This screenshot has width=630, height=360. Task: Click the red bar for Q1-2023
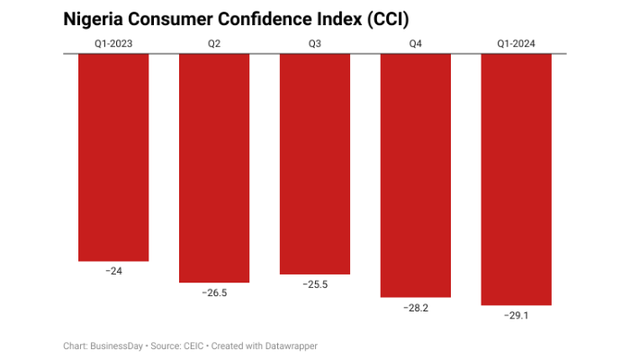[x=113, y=157]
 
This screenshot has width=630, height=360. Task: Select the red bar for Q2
[x=214, y=168]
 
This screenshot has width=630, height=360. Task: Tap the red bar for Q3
[x=315, y=164]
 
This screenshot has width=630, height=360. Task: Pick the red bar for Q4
[x=416, y=175]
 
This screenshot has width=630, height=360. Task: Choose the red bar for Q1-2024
[x=517, y=179]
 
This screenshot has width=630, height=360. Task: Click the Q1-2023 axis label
[x=113, y=42]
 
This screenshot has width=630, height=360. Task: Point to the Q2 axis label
[x=214, y=42]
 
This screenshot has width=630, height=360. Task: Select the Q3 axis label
[x=315, y=42]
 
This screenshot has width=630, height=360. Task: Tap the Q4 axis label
[x=416, y=42]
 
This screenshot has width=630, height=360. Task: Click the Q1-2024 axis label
[x=517, y=42]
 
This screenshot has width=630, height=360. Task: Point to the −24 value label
[x=113, y=271]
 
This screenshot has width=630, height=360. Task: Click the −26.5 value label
[x=214, y=292]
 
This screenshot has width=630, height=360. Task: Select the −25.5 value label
[x=315, y=284]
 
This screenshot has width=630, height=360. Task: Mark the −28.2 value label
[x=416, y=307]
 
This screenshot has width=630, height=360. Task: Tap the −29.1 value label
[x=517, y=315]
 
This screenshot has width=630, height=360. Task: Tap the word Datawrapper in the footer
[x=291, y=346]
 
